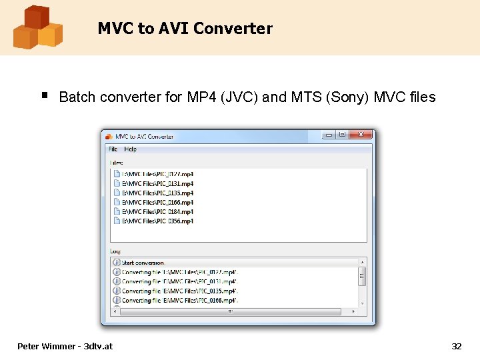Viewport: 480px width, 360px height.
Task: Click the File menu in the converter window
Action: point(113,149)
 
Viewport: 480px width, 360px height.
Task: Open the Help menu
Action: point(131,149)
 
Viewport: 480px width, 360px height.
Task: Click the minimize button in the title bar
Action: point(329,135)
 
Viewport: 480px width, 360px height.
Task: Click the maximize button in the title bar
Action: point(342,135)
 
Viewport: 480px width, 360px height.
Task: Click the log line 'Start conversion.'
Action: point(143,263)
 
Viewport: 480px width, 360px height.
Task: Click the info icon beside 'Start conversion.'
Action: point(117,263)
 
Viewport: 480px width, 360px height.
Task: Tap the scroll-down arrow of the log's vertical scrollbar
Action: point(363,303)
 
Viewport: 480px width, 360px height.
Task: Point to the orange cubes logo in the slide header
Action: point(37,27)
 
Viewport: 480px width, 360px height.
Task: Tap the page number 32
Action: point(457,346)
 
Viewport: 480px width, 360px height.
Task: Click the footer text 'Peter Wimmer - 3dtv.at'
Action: point(65,346)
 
